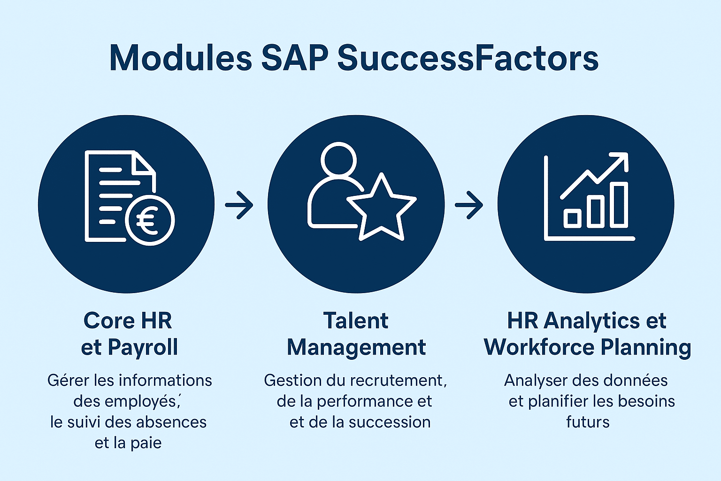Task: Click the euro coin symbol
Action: coord(150,220)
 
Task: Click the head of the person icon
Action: coord(338,161)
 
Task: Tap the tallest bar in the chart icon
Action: coord(619,205)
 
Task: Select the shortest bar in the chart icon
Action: coord(572,218)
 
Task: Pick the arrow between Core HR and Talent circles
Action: coord(239,205)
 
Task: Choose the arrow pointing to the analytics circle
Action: coord(468,205)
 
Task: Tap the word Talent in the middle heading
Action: coord(356,320)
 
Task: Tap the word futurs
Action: coord(588,422)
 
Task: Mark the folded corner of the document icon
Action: coord(145,163)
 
